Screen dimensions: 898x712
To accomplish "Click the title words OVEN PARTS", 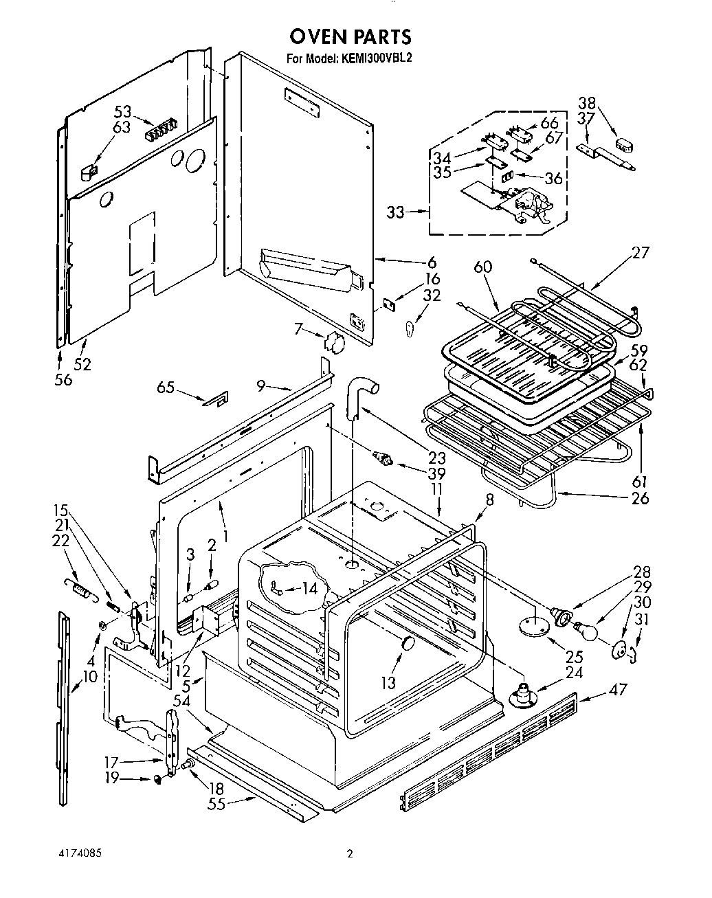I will [350, 36].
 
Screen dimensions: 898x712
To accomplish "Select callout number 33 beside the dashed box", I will [395, 212].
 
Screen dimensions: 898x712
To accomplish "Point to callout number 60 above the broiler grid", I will [483, 267].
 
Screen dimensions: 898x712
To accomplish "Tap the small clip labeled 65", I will [216, 399].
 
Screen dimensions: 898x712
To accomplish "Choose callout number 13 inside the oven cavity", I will [389, 682].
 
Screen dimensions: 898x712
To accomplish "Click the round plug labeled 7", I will [334, 341].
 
